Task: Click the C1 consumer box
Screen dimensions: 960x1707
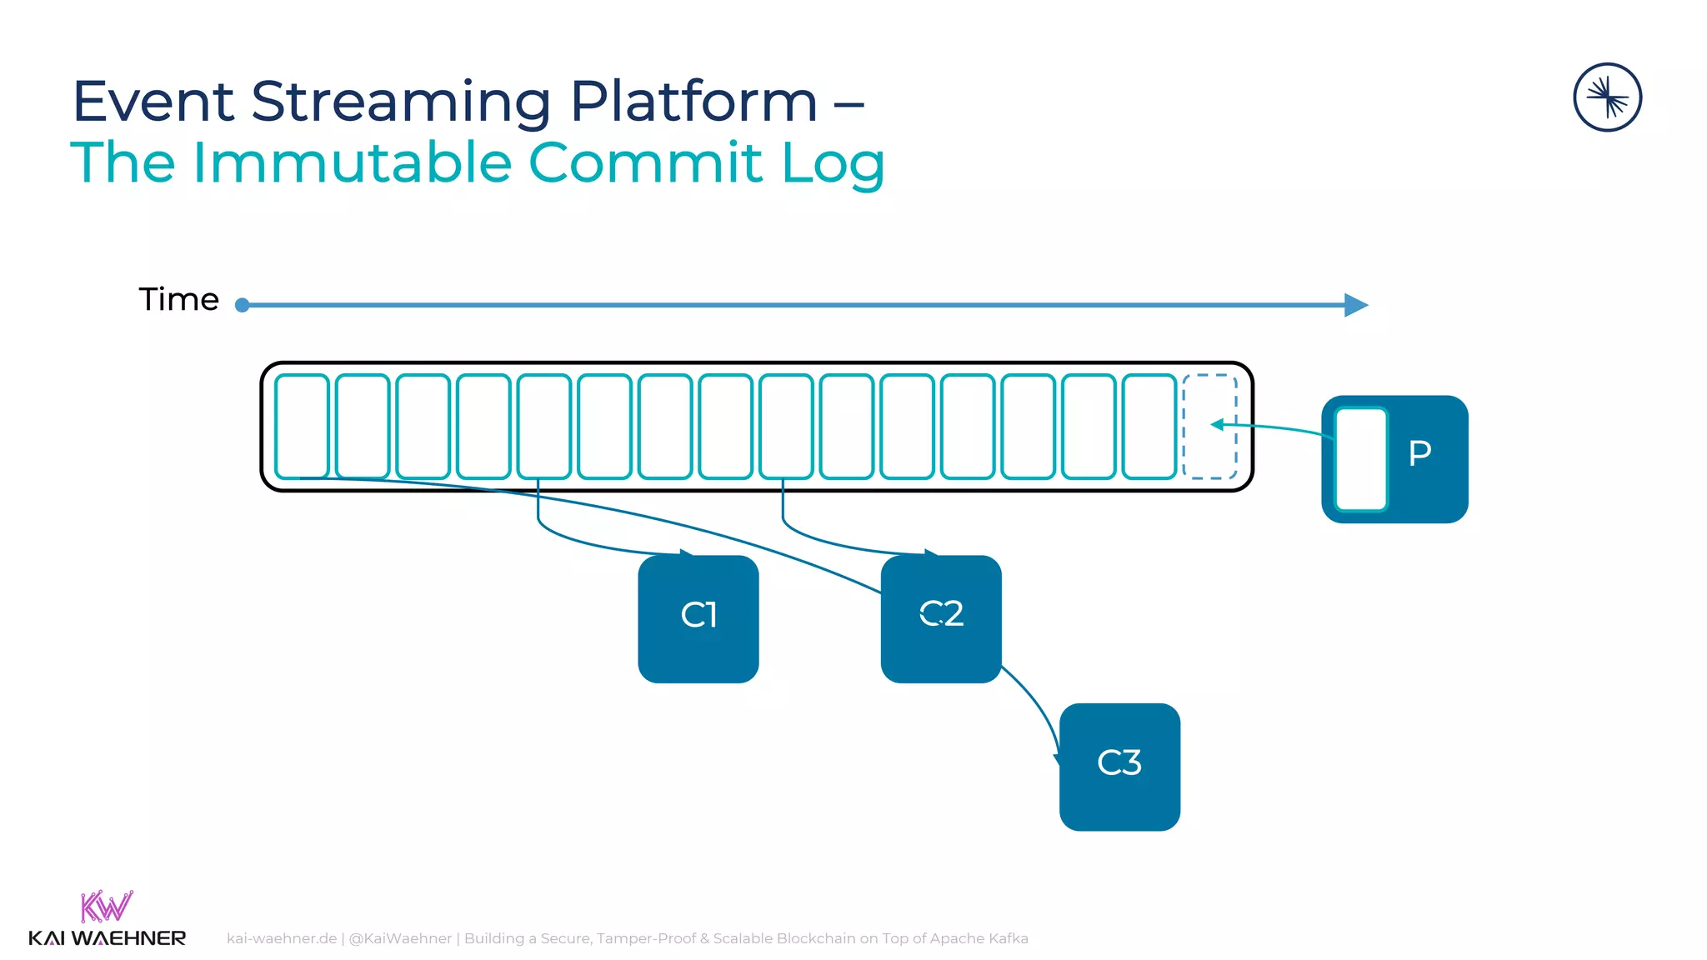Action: pos(698,618)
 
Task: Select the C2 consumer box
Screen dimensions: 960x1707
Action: pos(940,618)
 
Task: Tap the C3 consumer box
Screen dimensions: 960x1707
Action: pos(1119,766)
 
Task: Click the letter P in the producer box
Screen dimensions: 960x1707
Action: pos(1419,453)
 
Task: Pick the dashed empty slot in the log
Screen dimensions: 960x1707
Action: pos(1209,427)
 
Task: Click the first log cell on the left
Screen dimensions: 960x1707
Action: pos(302,427)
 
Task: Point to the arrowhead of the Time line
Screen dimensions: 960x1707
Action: pos(1356,305)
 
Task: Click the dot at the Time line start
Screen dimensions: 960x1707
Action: pos(243,305)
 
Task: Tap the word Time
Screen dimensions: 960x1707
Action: pos(178,299)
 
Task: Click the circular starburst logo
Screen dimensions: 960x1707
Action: pos(1607,97)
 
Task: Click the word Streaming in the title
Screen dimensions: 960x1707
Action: pos(400,102)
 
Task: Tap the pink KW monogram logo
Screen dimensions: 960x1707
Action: pos(106,906)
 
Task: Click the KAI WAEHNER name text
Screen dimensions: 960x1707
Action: pos(107,938)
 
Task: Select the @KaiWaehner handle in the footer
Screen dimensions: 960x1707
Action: pos(400,938)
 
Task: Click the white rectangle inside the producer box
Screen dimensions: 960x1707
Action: pos(1360,459)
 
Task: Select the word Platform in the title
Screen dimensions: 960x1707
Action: pos(693,102)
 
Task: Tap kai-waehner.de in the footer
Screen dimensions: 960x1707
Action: pos(282,938)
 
